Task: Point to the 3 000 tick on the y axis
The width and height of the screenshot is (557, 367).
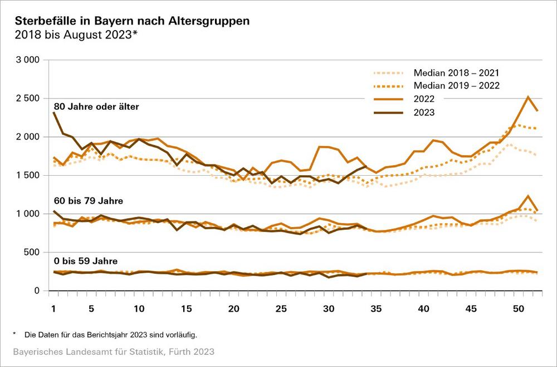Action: coord(26,60)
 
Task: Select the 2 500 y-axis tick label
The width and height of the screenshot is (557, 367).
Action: coord(26,98)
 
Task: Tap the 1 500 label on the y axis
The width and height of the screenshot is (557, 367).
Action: coord(26,175)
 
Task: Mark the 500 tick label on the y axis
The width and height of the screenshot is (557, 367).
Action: coord(31,252)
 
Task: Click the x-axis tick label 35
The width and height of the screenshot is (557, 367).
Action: coord(376,309)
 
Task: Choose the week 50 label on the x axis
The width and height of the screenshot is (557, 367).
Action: coord(518,309)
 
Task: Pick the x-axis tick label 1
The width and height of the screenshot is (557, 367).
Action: coord(53,309)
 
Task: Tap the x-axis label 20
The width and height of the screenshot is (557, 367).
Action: coord(234,309)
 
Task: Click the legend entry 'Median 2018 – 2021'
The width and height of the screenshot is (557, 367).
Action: coord(456,73)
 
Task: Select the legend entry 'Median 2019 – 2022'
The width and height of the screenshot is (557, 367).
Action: coord(456,86)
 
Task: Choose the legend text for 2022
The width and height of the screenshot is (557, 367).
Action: coord(424,99)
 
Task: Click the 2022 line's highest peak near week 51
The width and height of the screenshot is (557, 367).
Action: coord(527,97)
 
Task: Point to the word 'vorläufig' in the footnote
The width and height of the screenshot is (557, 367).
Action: coord(182,335)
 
